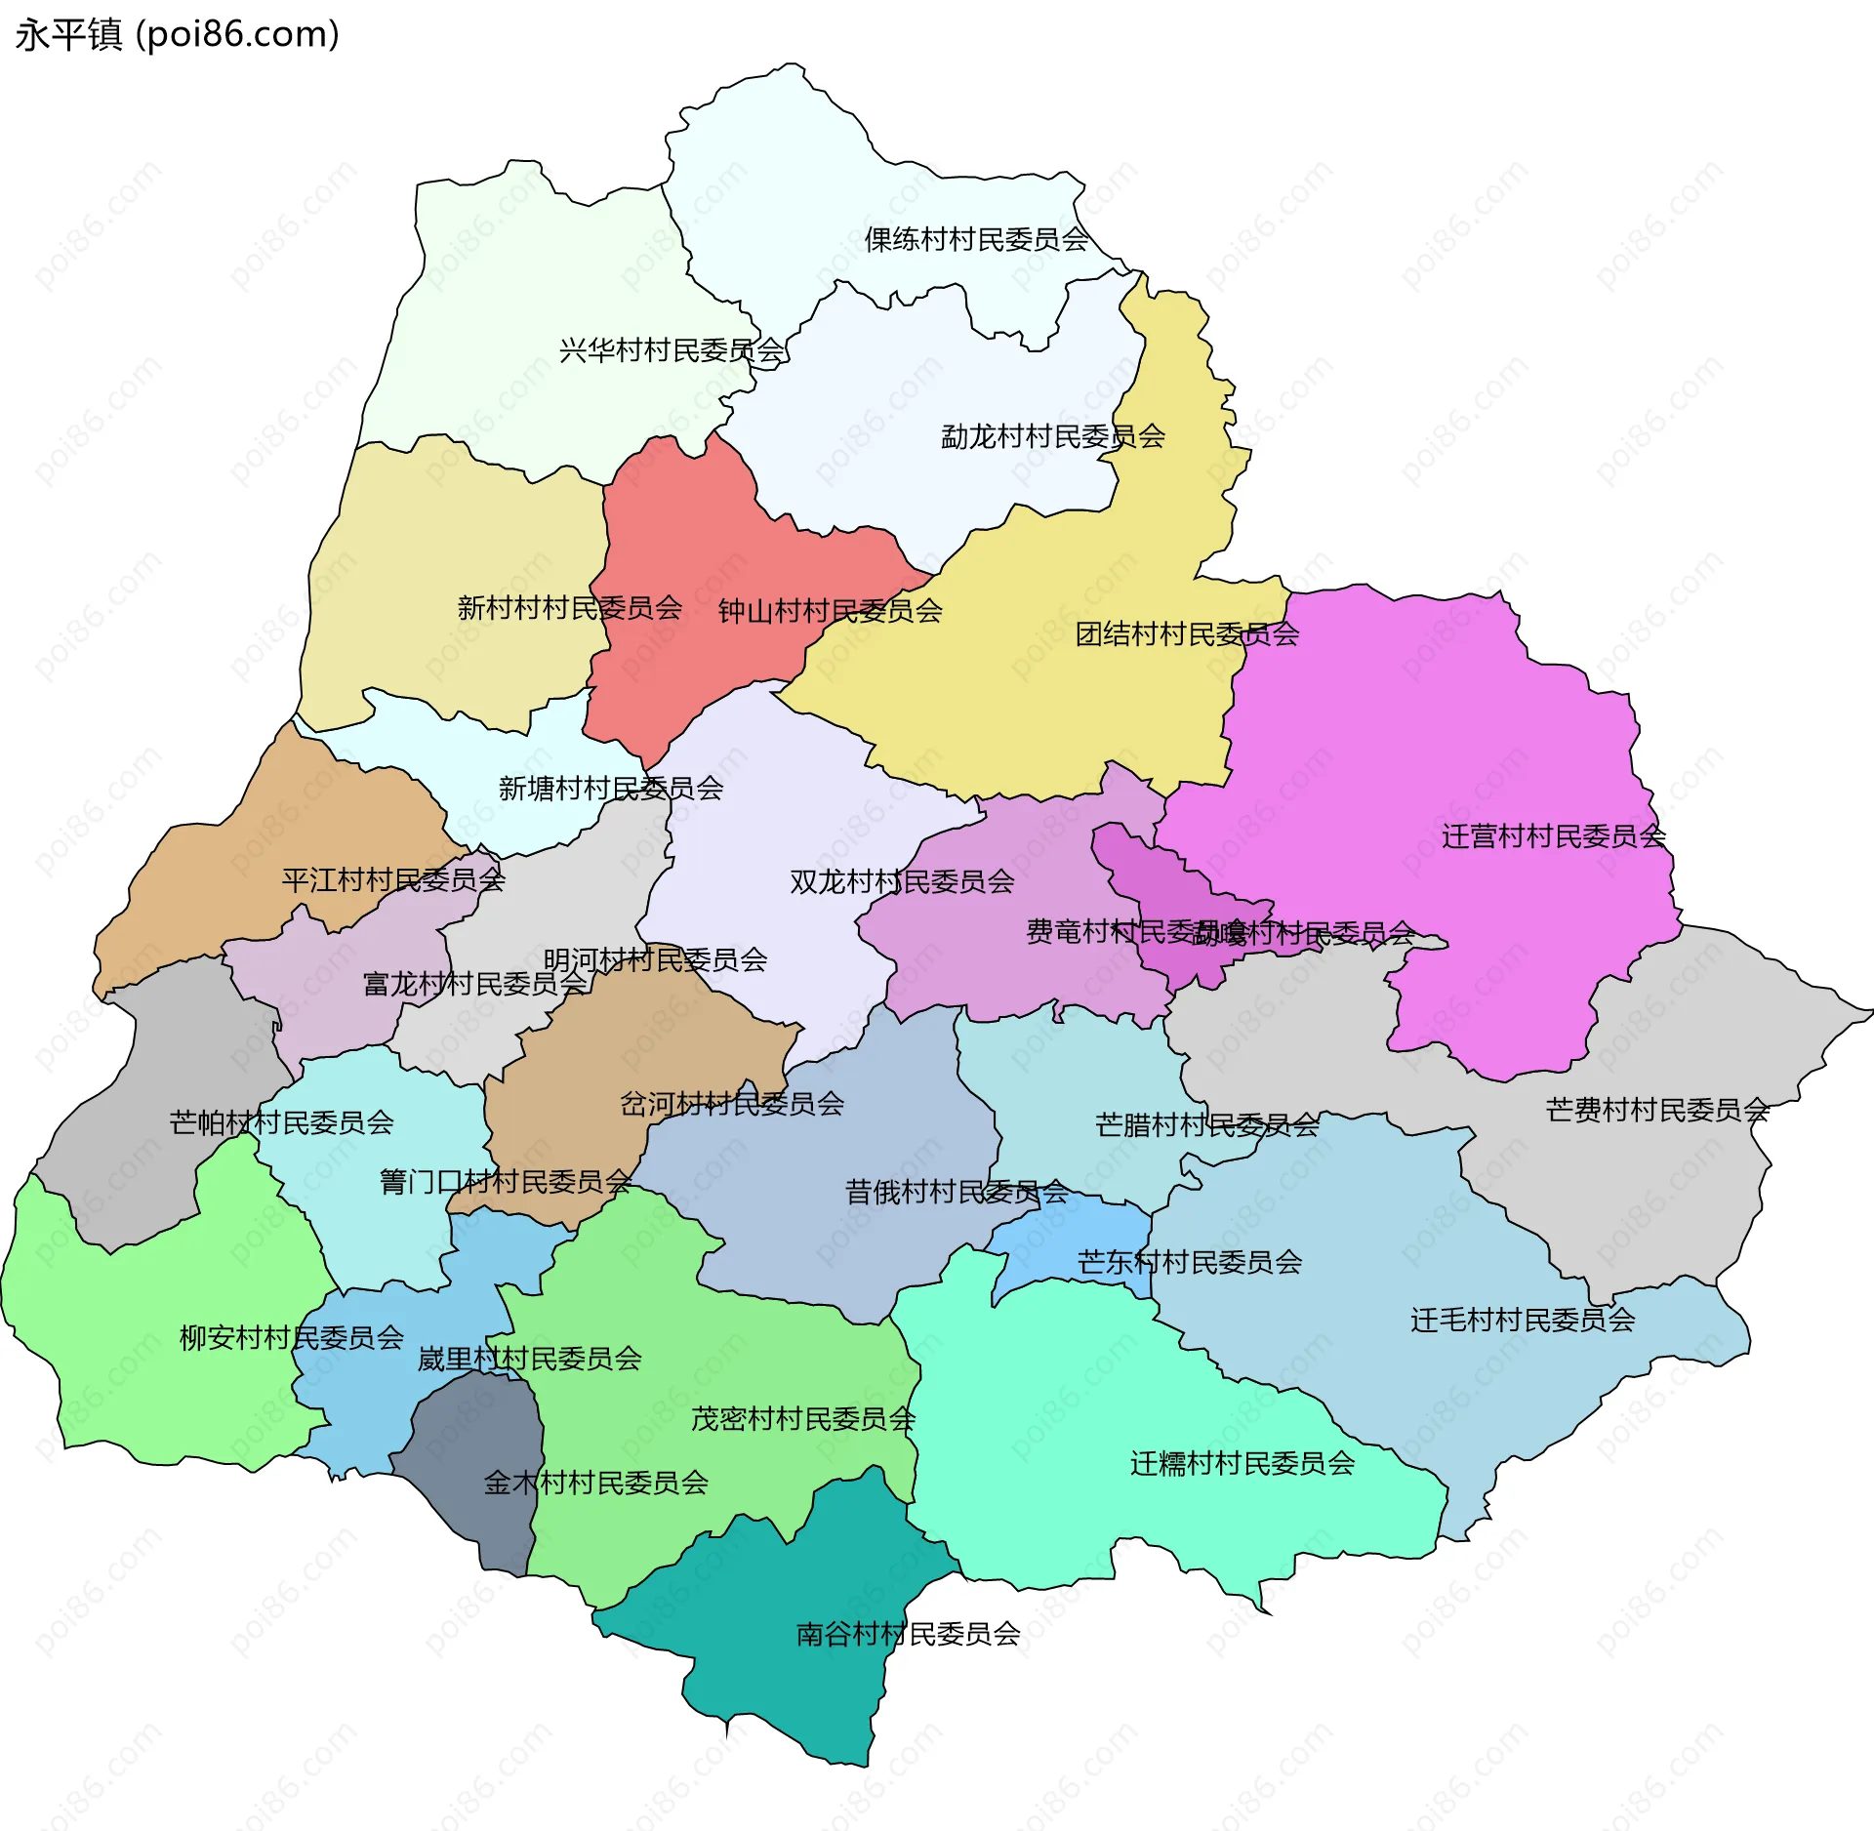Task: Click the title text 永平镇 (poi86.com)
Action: pyautogui.click(x=177, y=35)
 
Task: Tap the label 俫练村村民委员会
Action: pyautogui.click(x=976, y=239)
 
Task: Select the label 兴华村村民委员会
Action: pyautogui.click(x=672, y=350)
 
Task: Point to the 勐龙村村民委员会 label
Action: pyautogui.click(x=1052, y=436)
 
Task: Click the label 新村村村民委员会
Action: pyautogui.click(x=569, y=608)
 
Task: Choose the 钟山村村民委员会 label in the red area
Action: pyautogui.click(x=830, y=611)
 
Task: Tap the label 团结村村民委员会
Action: pyautogui.click(x=1187, y=634)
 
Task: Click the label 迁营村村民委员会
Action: pyautogui.click(x=1554, y=836)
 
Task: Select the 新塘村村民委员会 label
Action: pyautogui.click(x=611, y=789)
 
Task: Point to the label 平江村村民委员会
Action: pyautogui.click(x=393, y=880)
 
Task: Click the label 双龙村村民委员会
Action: pyautogui.click(x=902, y=882)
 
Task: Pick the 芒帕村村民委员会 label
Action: pyautogui.click(x=281, y=1122)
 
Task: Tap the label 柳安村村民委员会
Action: pyautogui.click(x=291, y=1337)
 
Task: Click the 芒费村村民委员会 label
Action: pyautogui.click(x=1657, y=1110)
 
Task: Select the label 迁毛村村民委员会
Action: pyautogui.click(x=1523, y=1321)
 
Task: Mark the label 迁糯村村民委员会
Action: pyautogui.click(x=1243, y=1463)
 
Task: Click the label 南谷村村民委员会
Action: pyautogui.click(x=908, y=1634)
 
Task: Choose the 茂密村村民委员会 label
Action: pyautogui.click(x=802, y=1419)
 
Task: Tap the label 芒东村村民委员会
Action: pyautogui.click(x=1189, y=1263)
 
